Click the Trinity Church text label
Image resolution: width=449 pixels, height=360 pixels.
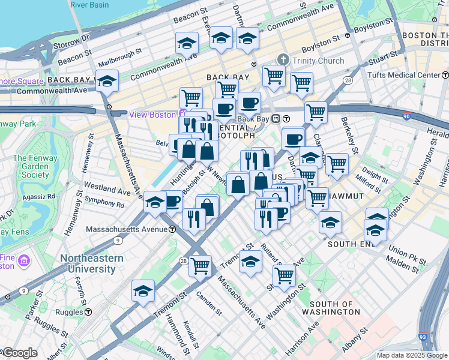click(x=318, y=61)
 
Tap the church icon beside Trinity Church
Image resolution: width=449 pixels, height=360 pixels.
click(x=283, y=60)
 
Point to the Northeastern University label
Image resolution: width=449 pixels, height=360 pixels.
click(x=92, y=263)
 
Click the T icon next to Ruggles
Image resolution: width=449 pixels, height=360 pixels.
click(x=88, y=312)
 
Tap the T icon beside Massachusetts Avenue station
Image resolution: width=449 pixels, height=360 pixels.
click(x=172, y=229)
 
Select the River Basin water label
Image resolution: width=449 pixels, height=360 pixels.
click(x=89, y=5)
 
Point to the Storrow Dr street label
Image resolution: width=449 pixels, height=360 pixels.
click(x=73, y=41)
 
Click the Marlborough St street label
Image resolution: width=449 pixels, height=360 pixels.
click(x=119, y=62)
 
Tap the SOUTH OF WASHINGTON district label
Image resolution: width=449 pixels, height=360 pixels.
click(x=332, y=308)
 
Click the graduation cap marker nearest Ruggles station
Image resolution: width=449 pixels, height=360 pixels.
click(x=143, y=291)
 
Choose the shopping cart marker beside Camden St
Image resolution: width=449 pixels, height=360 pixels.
click(x=200, y=265)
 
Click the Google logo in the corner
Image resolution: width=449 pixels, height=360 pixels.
click(x=20, y=353)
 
